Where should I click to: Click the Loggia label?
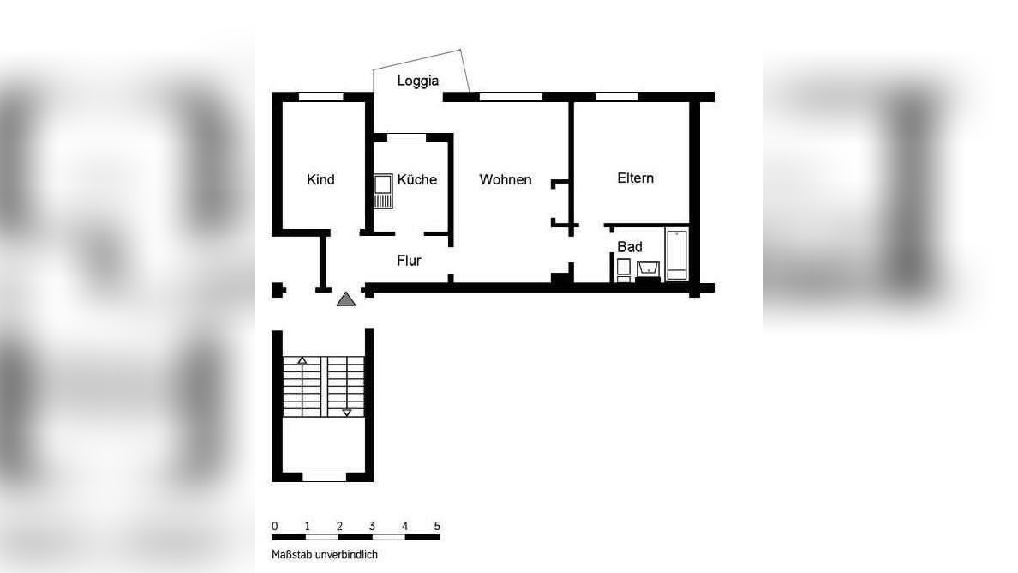(x=417, y=81)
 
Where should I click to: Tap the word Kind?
(x=320, y=179)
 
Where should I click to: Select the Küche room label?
(x=416, y=179)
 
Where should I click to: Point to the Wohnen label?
(x=505, y=179)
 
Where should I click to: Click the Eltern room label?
(x=635, y=178)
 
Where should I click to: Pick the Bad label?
(x=630, y=247)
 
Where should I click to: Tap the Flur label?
(x=409, y=261)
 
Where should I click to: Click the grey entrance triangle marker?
(x=345, y=299)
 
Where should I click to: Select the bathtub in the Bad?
(x=677, y=254)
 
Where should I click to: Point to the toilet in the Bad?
(x=624, y=270)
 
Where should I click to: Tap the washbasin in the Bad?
(x=647, y=269)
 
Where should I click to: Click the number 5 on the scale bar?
(x=437, y=526)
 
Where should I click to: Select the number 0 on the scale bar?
(x=274, y=526)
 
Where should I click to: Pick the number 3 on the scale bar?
(x=372, y=526)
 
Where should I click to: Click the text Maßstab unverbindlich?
(x=325, y=554)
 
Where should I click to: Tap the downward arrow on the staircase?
(x=347, y=413)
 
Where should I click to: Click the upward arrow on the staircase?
(x=302, y=360)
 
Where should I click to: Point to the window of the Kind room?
(x=320, y=97)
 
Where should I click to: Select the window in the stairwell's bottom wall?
(x=325, y=477)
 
